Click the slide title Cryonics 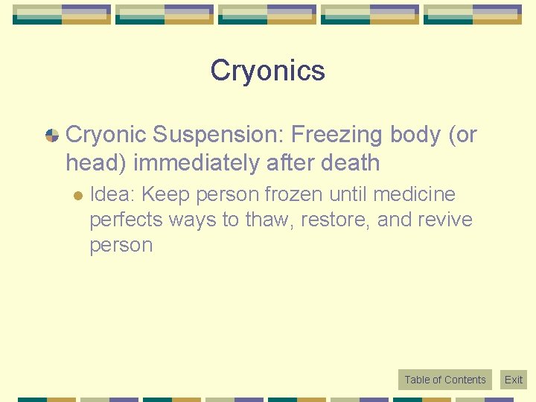pos(267,71)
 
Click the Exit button pos(514,380)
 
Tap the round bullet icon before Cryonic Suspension pos(52,135)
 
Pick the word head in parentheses pos(96,162)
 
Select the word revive pos(446,220)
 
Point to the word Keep pos(165,195)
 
